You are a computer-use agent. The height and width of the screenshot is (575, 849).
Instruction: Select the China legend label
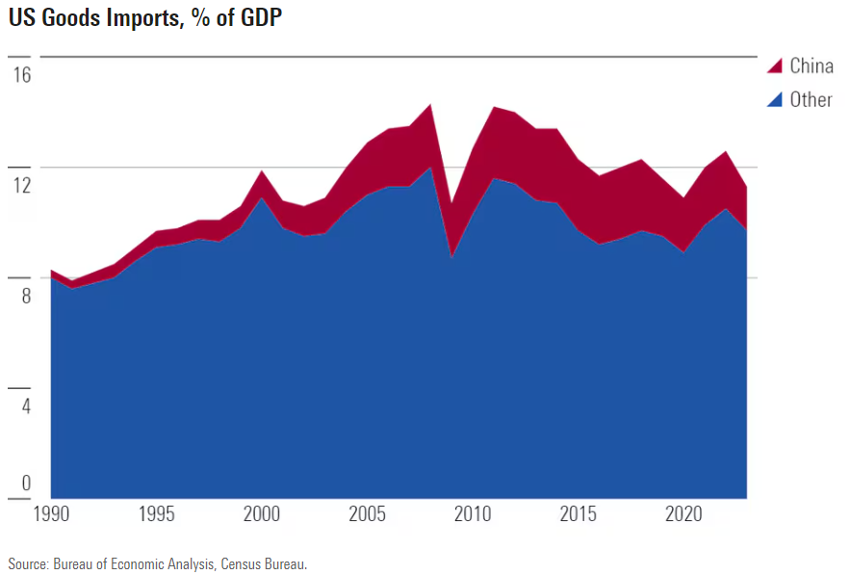click(810, 65)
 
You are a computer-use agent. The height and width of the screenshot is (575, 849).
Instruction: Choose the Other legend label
click(810, 99)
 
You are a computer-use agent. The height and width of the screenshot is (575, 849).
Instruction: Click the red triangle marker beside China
click(775, 66)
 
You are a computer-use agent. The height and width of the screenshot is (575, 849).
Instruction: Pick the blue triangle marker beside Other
click(775, 100)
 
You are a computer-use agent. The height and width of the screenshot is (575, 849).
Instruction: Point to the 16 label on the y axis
click(21, 74)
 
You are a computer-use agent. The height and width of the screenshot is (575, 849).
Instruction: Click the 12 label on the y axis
click(21, 185)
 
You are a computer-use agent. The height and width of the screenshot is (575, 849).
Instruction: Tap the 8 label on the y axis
click(25, 296)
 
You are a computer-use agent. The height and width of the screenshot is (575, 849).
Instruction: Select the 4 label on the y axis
click(25, 406)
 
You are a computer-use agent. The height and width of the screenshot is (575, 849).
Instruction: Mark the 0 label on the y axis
click(25, 484)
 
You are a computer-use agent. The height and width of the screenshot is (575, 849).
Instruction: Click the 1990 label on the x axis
click(52, 512)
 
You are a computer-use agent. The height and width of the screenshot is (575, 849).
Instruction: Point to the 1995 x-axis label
click(157, 512)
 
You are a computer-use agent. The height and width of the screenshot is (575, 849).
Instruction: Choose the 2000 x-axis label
click(262, 512)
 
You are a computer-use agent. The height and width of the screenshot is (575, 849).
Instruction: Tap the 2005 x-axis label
click(367, 512)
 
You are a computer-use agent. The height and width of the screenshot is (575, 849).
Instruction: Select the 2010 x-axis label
click(472, 512)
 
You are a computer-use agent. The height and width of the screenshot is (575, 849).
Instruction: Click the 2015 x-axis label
click(577, 512)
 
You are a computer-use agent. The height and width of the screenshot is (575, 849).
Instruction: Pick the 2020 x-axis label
click(682, 512)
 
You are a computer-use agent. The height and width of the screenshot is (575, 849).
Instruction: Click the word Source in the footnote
click(26, 563)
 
